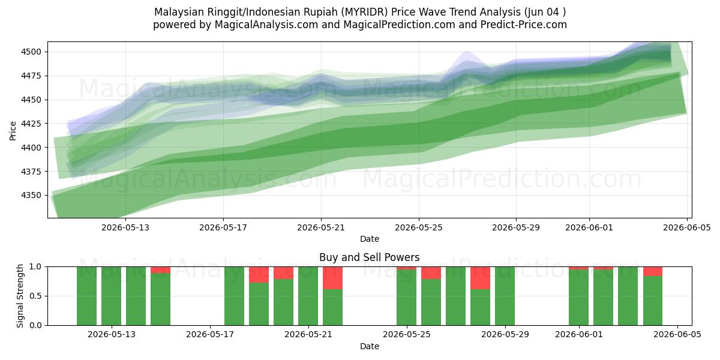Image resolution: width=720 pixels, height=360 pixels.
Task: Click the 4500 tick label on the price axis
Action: click(x=31, y=52)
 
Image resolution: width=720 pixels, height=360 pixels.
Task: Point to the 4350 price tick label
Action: click(x=31, y=195)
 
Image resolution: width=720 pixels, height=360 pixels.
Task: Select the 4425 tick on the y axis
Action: click(x=31, y=124)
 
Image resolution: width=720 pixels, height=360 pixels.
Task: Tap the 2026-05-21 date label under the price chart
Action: click(x=321, y=227)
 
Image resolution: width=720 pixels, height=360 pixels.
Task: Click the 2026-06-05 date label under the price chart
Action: click(x=687, y=227)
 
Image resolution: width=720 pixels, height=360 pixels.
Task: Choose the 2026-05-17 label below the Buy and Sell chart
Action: click(x=210, y=335)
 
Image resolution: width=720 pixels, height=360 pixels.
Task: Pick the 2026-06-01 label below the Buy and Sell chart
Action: click(x=579, y=335)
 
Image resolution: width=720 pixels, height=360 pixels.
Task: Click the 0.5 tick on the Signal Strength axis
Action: click(x=35, y=296)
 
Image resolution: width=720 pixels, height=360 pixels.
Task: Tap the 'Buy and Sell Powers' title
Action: click(x=370, y=257)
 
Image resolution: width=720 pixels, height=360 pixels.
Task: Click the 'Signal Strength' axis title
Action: click(x=20, y=296)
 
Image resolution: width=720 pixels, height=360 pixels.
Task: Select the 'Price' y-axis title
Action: click(x=13, y=131)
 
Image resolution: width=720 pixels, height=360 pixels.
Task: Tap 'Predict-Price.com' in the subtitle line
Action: click(x=524, y=25)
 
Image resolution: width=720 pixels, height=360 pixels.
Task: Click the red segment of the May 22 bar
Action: click(x=332, y=278)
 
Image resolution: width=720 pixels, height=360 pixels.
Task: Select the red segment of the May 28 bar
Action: click(x=480, y=278)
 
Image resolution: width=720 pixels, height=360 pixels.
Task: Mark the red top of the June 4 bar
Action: click(x=653, y=271)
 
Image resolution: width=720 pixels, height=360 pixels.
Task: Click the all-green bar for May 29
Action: click(x=505, y=296)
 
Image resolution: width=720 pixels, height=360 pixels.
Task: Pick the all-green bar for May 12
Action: click(x=86, y=296)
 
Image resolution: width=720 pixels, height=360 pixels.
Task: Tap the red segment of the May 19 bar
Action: click(x=259, y=275)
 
